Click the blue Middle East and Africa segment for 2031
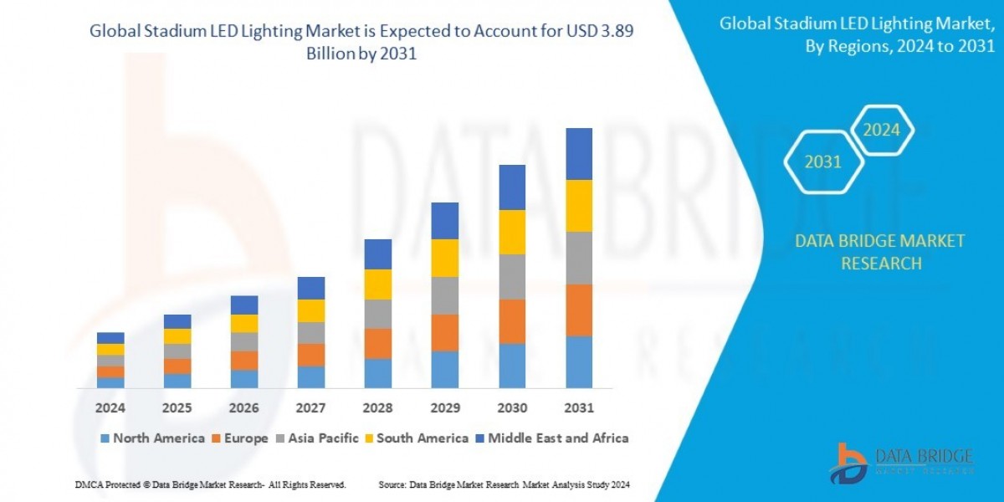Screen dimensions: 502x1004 579,154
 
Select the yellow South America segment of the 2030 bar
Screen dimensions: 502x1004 512,232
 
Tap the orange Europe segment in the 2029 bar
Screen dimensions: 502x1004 445,332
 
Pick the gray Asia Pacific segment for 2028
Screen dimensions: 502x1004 378,314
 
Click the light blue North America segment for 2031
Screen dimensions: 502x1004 579,362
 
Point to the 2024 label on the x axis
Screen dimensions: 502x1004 110,408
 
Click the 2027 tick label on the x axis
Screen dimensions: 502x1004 311,408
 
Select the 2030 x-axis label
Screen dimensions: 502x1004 512,408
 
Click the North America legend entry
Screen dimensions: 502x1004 152,438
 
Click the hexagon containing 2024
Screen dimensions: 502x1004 881,131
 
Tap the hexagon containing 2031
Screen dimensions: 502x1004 822,162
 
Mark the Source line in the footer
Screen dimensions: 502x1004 504,484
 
